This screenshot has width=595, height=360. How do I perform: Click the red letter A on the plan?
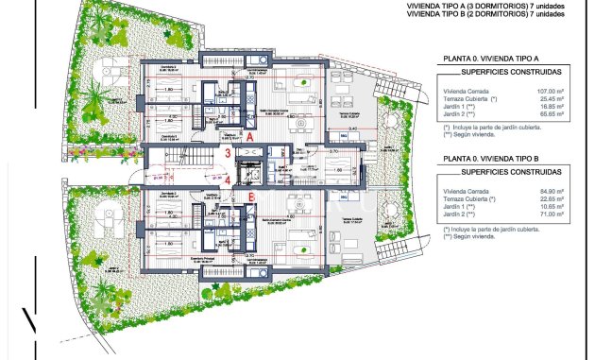pos(250,137)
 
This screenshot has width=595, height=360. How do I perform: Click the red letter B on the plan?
pos(250,197)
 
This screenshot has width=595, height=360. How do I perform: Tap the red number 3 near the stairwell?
pos(228,153)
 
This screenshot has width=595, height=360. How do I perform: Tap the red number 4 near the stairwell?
pos(228,178)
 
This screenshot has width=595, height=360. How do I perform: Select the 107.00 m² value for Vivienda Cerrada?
pos(550,93)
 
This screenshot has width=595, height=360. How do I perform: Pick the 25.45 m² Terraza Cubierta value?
pos(552,100)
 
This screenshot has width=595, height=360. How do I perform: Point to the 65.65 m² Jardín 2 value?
pos(552,115)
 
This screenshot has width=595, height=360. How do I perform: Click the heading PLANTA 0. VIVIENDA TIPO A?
pos(491,60)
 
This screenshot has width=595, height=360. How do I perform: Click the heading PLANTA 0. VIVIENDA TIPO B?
pos(491,159)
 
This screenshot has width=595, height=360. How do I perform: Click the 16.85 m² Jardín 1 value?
pos(552,108)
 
